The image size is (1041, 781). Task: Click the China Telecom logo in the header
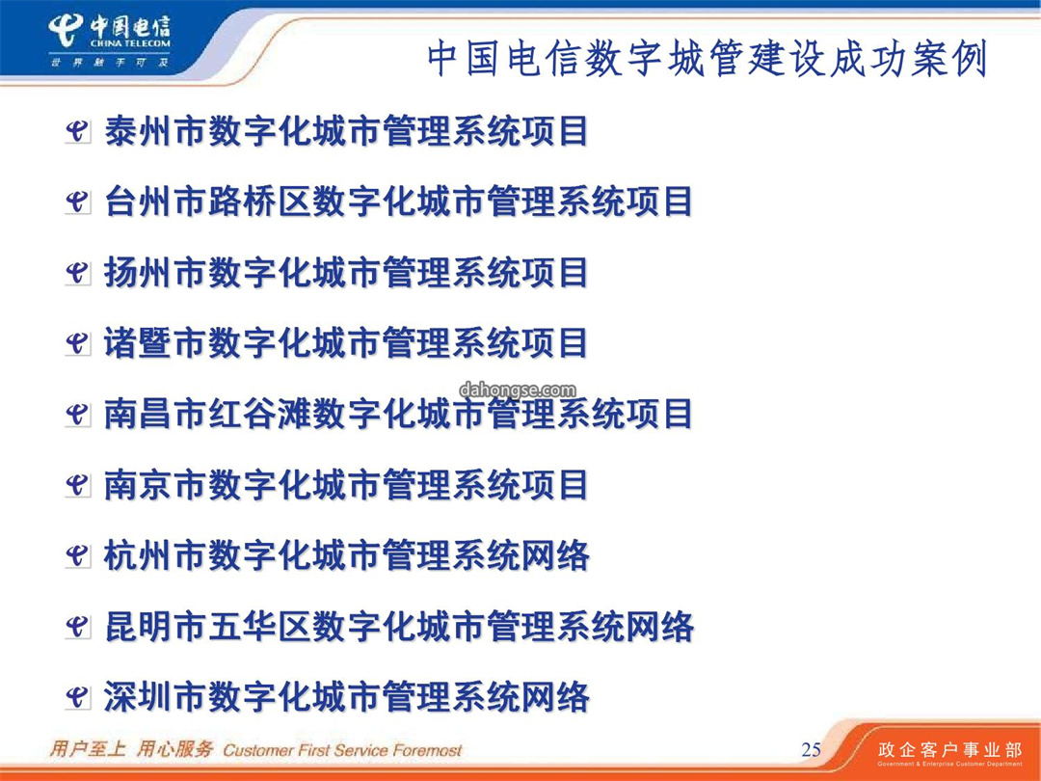(110, 41)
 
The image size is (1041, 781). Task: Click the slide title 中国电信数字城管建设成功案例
(707, 59)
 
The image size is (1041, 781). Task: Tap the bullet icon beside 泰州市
(77, 131)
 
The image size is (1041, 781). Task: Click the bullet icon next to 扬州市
(77, 273)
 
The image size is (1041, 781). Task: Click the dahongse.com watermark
(518, 390)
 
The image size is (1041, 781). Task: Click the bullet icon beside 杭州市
(77, 556)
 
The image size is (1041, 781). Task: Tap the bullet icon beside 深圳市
(77, 698)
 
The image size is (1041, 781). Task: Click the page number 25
(812, 750)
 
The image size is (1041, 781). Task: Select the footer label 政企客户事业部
(950, 750)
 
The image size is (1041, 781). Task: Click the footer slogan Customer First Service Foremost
(342, 750)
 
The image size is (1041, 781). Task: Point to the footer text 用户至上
(88, 749)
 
